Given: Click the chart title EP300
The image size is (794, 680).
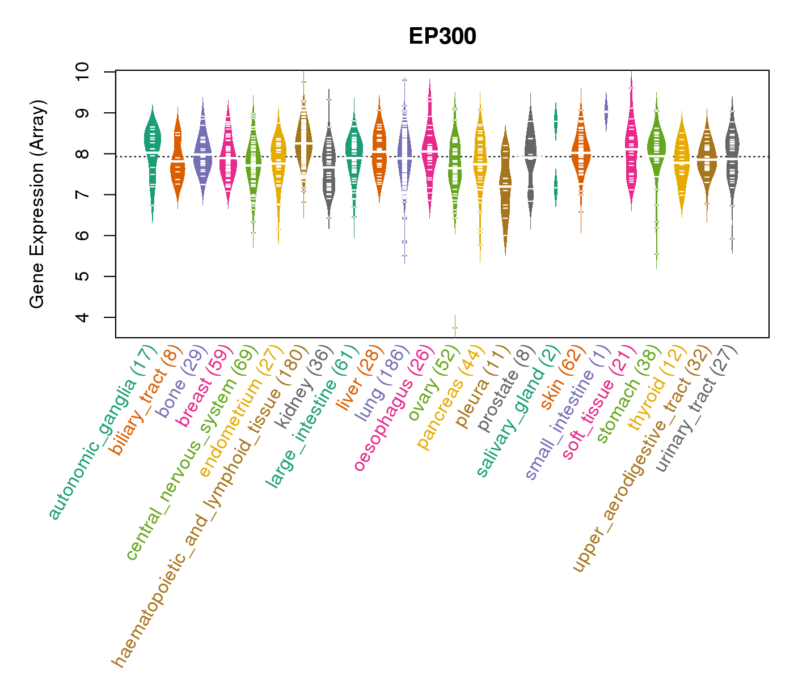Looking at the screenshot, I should click(x=442, y=36).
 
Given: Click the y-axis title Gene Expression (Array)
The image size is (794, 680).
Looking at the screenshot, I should click(x=37, y=204).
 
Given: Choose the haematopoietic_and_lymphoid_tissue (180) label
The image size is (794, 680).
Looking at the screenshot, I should click(x=210, y=504).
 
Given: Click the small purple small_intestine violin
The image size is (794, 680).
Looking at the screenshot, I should click(x=606, y=111).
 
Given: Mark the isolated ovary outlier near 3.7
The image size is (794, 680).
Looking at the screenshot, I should click(x=455, y=328).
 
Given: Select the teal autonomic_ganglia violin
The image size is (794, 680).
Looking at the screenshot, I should click(x=152, y=147).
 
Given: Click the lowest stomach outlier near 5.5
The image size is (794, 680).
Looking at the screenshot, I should click(x=656, y=254).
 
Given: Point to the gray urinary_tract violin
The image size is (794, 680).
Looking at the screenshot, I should click(x=732, y=153).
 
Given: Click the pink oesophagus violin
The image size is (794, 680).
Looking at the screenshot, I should click(x=430, y=150).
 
